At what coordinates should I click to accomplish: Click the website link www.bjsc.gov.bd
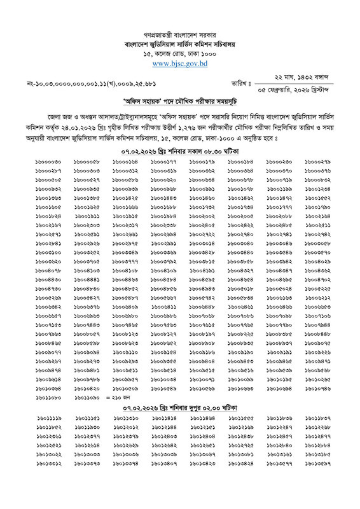pos(180,64)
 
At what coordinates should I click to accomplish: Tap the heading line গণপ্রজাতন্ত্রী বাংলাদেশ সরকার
pos(180,30)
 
